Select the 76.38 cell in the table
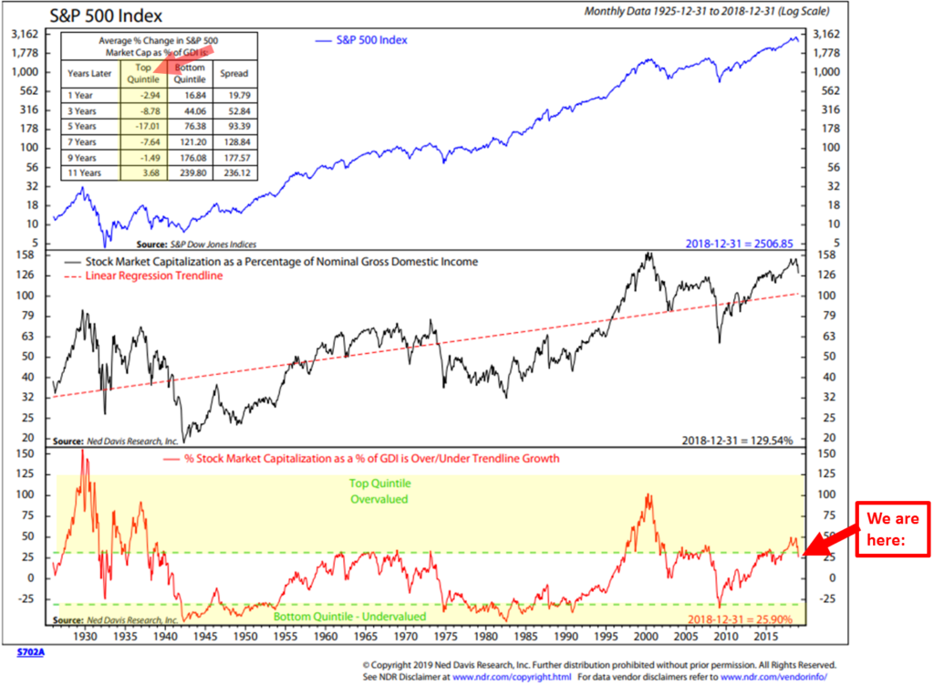(190, 125)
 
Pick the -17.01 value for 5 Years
(144, 125)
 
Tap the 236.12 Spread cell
(234, 173)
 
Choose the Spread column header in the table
(234, 73)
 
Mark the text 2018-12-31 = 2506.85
(737, 243)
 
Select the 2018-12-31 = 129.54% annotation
(737, 440)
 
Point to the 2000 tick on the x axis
(647, 636)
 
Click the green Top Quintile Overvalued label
(379, 492)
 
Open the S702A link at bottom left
(30, 654)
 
